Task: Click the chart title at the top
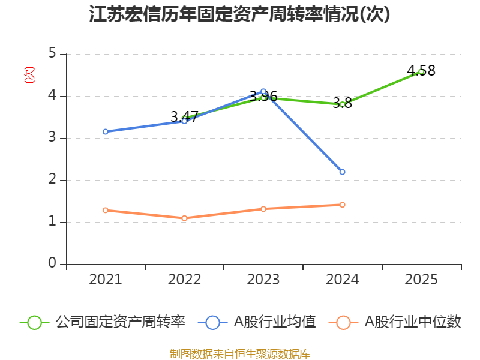coord(240,14)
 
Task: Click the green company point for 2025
coord(421,71)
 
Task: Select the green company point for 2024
coord(342,104)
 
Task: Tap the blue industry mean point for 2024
coord(342,172)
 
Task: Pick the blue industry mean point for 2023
coord(263,91)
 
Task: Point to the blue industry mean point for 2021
coord(106,131)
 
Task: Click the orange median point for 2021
coord(106,210)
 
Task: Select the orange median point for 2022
coord(184,218)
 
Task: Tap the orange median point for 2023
coord(263,209)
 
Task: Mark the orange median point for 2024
coord(342,205)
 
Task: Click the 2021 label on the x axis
coord(105,280)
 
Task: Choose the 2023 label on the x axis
coord(263,280)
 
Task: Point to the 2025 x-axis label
coord(421,280)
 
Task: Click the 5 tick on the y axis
coord(52,53)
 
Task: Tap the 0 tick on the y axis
coord(52,263)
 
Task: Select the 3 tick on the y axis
coord(52,137)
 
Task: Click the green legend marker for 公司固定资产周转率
coord(35,322)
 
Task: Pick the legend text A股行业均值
coord(275,322)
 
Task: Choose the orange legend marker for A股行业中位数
coord(343,322)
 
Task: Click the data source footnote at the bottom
coord(240,354)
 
